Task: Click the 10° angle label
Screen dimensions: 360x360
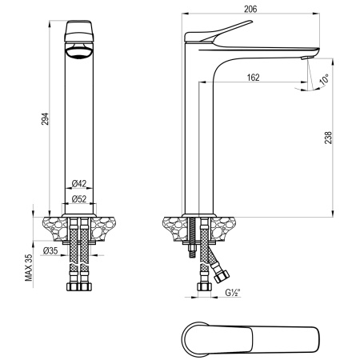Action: click(x=323, y=79)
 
